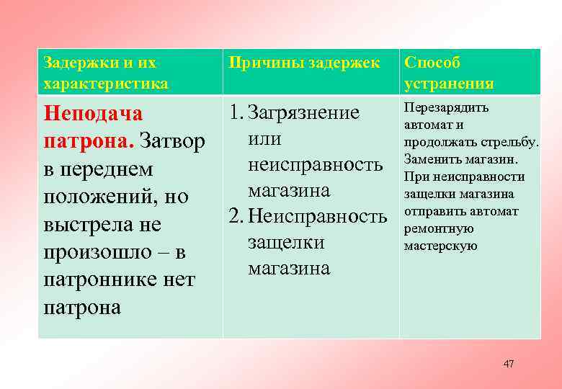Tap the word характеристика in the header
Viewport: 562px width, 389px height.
coord(106,84)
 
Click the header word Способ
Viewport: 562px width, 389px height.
coord(432,63)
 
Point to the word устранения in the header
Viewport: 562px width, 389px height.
coord(449,84)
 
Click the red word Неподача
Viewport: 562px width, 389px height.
coord(93,114)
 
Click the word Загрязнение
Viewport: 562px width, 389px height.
coord(303,113)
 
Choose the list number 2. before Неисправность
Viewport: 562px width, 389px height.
coord(237,217)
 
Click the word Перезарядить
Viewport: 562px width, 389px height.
coord(446,108)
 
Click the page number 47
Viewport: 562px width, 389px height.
coord(509,365)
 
